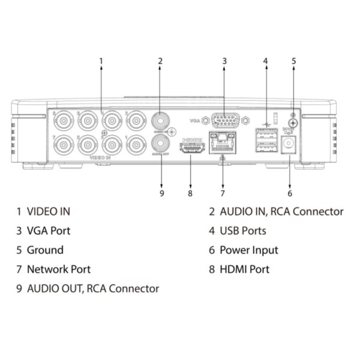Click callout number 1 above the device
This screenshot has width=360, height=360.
[x=101, y=61]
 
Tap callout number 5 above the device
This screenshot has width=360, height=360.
[x=293, y=61]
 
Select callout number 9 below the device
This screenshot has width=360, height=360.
[x=161, y=193]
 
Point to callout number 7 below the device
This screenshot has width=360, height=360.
[x=222, y=193]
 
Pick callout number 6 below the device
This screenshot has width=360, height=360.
[x=290, y=193]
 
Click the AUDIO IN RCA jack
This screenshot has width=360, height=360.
[x=161, y=119]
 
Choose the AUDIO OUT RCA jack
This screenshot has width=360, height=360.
[x=161, y=143]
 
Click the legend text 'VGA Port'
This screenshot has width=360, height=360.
[x=49, y=230]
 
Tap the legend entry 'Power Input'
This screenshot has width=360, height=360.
[x=248, y=250]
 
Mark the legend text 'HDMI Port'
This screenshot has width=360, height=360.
[x=244, y=269]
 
